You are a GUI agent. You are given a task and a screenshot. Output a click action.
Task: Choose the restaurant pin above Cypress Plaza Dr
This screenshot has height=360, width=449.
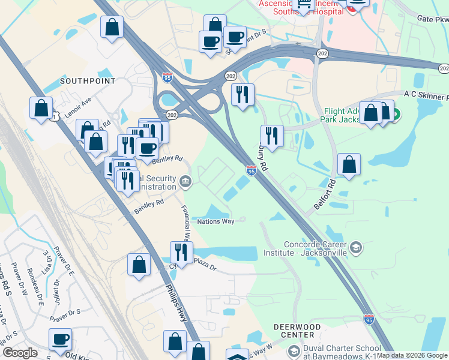[x=180, y=251]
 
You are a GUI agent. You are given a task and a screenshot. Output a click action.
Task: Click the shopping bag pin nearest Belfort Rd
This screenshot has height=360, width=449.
[x=349, y=164]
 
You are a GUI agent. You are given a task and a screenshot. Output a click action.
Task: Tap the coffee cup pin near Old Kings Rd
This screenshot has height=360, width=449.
[x=60, y=338]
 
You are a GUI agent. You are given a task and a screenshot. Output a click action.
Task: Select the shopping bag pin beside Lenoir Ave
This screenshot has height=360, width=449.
[x=41, y=108]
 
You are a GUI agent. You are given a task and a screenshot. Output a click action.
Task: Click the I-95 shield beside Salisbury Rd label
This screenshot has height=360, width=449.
[x=251, y=172]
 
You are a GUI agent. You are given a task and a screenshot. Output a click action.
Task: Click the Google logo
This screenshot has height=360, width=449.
[x=19, y=353]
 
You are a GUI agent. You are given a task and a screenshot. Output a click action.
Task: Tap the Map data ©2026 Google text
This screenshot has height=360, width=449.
[x=412, y=355]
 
